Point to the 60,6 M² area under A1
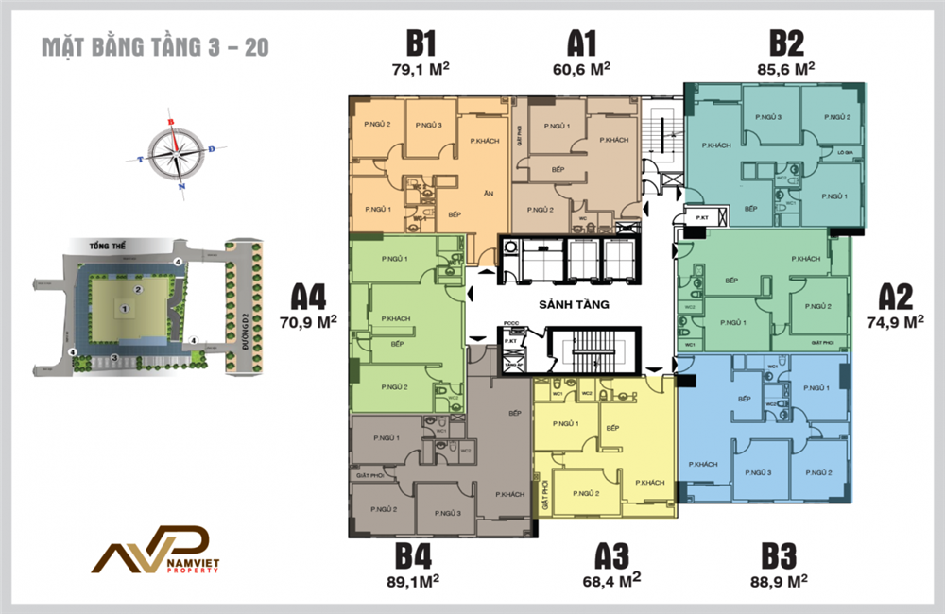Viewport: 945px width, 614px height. click(x=581, y=68)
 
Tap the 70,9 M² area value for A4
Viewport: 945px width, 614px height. click(x=308, y=320)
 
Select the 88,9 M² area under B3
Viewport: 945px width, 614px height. click(x=785, y=577)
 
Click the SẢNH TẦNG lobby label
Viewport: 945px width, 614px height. click(x=573, y=304)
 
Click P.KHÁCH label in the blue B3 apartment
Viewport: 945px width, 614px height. click(x=703, y=464)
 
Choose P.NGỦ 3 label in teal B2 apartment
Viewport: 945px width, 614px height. click(x=767, y=116)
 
